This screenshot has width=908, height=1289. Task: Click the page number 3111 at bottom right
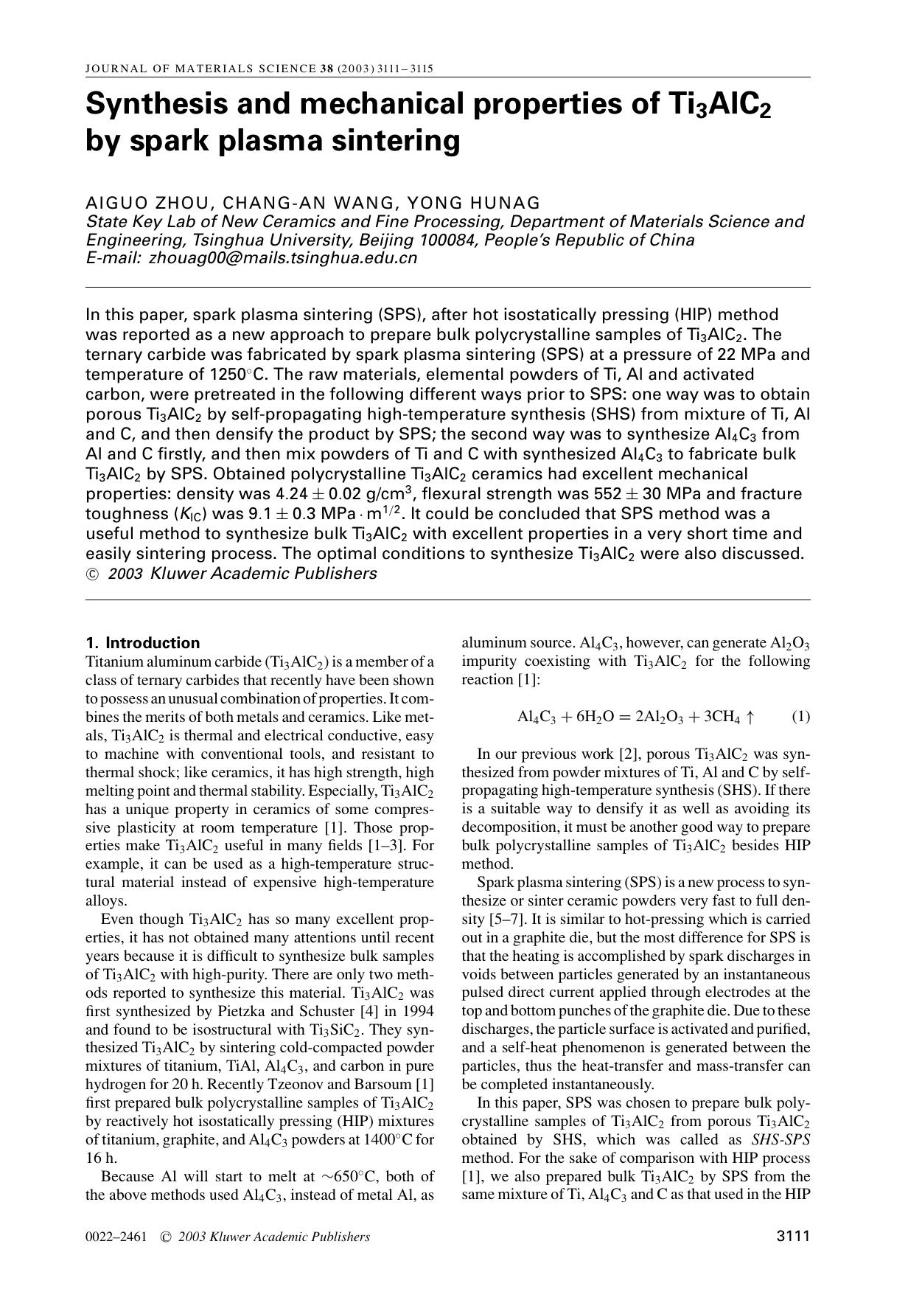[x=793, y=1237]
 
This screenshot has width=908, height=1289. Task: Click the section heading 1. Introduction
[x=143, y=642]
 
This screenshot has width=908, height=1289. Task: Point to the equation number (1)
[x=800, y=717]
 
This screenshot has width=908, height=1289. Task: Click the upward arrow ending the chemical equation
[x=750, y=717]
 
